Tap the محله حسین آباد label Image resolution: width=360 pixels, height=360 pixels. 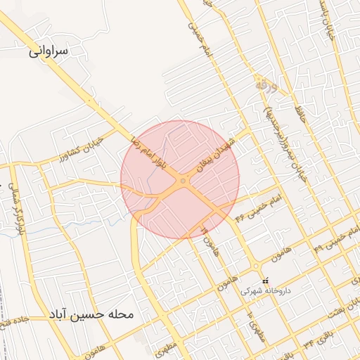coord(91,314)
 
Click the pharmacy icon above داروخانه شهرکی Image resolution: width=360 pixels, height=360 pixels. coord(265,281)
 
